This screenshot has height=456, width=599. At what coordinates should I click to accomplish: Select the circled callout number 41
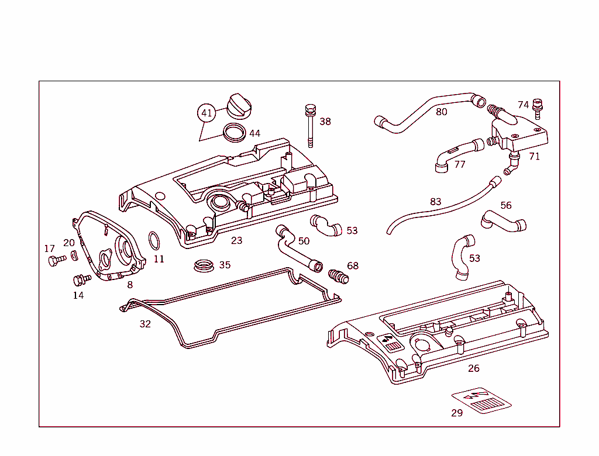point(206,113)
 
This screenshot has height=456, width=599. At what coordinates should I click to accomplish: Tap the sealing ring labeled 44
point(235,132)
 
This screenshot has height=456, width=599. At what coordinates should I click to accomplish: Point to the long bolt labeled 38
point(309,126)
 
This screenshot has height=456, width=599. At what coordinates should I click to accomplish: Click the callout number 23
point(236,240)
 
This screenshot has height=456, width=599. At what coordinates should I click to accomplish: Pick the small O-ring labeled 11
point(154,240)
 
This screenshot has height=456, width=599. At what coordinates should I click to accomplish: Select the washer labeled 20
point(74,255)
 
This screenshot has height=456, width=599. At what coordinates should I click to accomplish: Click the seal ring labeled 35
point(202,266)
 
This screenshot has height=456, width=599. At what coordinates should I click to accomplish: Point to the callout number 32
point(145,324)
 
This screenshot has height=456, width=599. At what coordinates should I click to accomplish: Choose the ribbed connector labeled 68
point(339,275)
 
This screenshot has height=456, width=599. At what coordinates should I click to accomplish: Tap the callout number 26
point(474,368)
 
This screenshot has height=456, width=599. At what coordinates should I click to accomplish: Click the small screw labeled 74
point(538,108)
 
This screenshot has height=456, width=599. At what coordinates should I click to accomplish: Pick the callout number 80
point(441,112)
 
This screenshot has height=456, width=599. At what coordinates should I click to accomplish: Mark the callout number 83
point(435,202)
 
